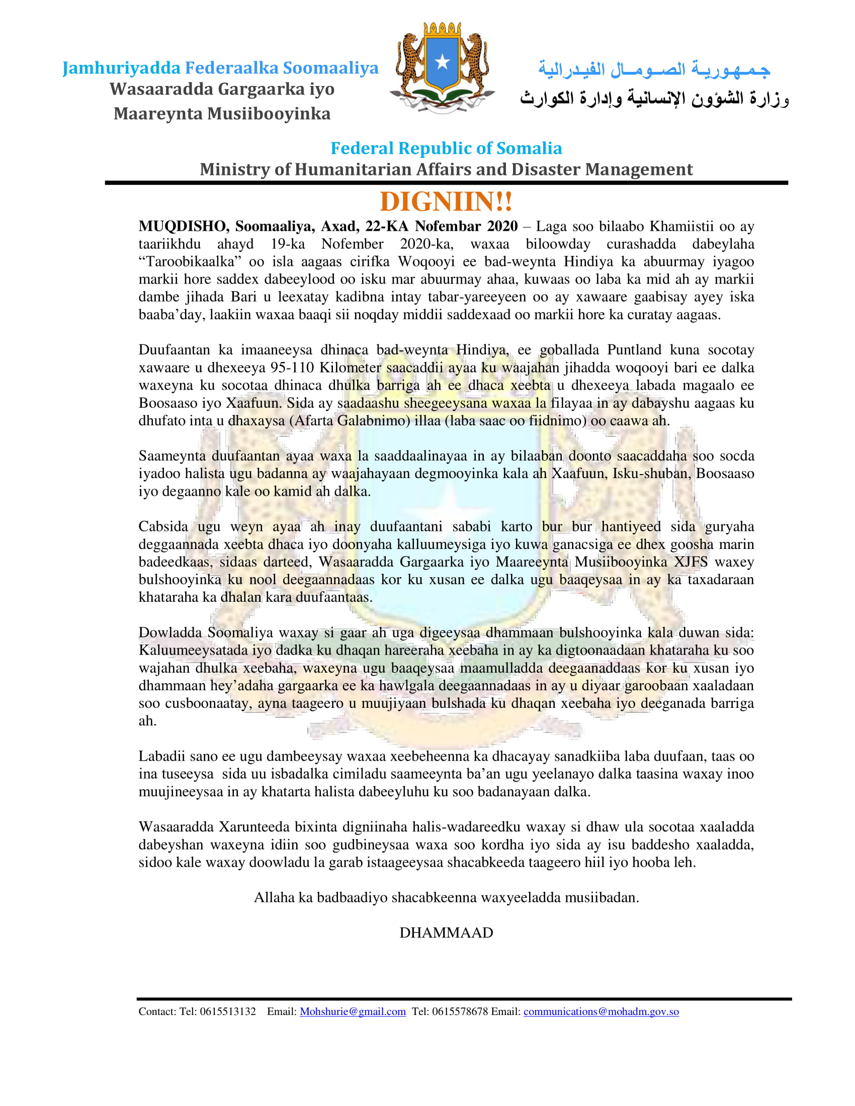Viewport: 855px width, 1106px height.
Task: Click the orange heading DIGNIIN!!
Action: tap(446, 202)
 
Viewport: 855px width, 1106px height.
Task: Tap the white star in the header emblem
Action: tap(442, 62)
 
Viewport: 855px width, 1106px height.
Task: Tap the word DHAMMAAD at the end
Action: tap(446, 932)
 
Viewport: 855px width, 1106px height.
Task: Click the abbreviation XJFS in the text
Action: tap(691, 562)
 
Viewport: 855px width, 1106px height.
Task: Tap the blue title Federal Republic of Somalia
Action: tap(446, 148)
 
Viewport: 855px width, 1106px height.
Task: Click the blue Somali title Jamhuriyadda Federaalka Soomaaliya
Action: tap(220, 68)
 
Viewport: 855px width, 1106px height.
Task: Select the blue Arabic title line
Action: tap(654, 69)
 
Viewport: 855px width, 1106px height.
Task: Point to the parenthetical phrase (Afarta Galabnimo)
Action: tap(350, 421)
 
